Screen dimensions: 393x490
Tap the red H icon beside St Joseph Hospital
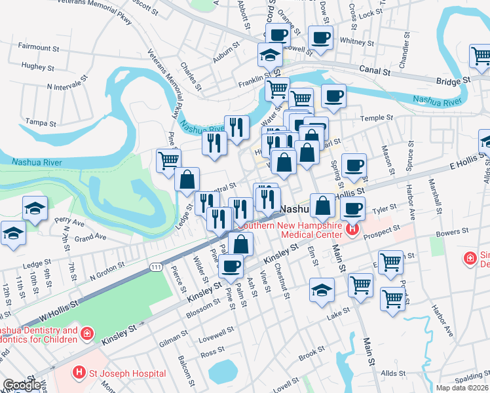coord(79,373)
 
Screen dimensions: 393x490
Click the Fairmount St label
coord(39,47)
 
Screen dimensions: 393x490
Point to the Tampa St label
coord(37,122)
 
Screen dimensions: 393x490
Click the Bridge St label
coord(454,80)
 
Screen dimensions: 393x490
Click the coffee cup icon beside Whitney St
coord(320,39)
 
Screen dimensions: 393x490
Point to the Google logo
coord(22,386)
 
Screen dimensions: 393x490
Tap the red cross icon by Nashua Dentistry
coord(86,335)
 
